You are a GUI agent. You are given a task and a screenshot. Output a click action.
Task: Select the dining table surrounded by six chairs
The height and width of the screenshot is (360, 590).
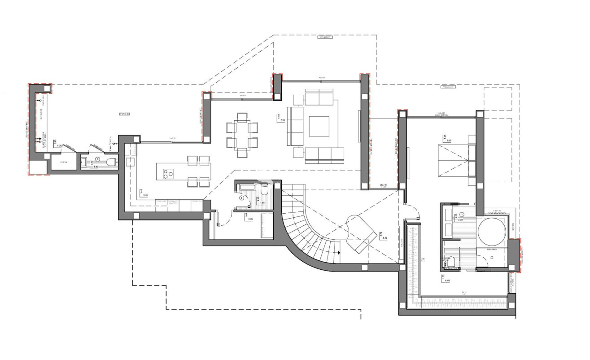[x=242, y=135]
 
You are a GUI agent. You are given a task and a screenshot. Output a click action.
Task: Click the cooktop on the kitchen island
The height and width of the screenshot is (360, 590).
[x=168, y=173]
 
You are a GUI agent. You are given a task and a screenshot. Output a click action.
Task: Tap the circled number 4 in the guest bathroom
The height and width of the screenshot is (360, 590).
[x=241, y=197]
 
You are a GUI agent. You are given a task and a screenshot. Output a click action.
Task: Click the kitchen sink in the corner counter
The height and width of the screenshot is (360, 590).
[x=131, y=162]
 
